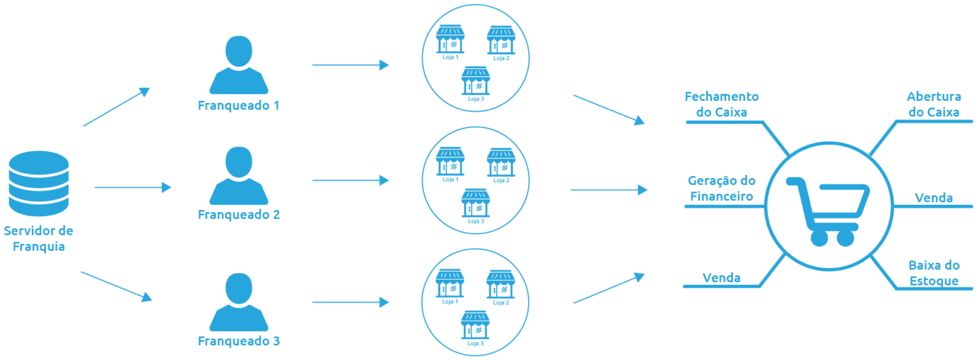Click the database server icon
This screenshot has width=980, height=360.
coord(38,183)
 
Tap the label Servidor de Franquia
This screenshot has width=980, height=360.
coord(38,238)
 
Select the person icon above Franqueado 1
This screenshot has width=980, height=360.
coord(239,64)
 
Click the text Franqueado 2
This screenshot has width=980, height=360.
coord(239,215)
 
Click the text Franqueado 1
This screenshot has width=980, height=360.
coord(239,105)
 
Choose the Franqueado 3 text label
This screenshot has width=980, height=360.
coord(239,341)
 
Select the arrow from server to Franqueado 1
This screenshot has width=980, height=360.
coord(116,107)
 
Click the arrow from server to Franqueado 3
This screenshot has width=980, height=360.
coord(116,286)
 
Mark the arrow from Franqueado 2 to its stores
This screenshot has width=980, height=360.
coord(350,181)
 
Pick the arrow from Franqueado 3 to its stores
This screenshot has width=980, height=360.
coord(350,302)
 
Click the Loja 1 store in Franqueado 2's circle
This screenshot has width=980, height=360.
coord(450,162)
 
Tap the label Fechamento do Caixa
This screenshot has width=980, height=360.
coord(722,105)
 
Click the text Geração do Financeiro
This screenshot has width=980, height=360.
coord(722,189)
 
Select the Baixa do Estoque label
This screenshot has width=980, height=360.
coord(934,273)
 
